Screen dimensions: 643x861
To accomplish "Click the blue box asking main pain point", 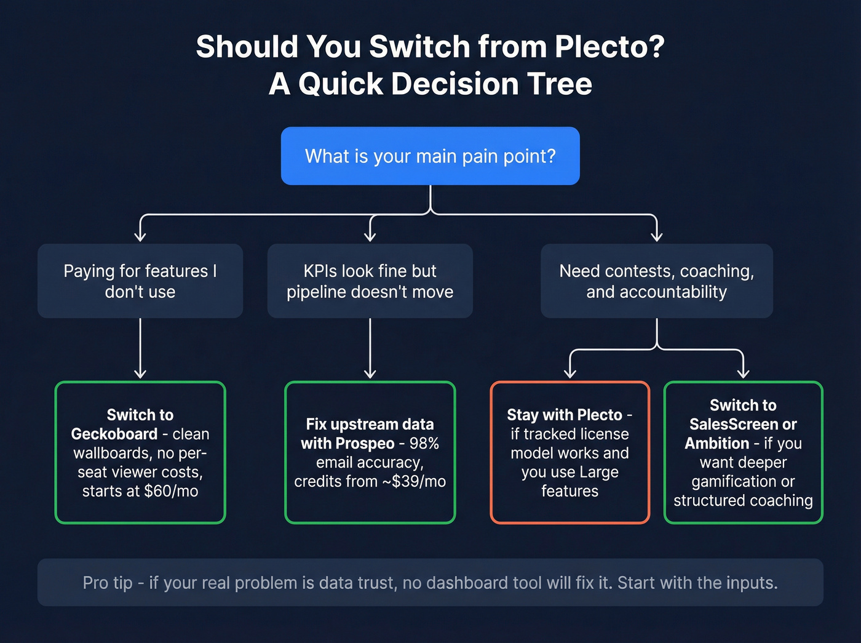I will pyautogui.click(x=430, y=156).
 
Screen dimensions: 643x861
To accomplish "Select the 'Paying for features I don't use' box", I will pyautogui.click(x=140, y=281).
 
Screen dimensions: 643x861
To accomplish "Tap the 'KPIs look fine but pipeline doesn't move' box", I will pyautogui.click(x=370, y=281).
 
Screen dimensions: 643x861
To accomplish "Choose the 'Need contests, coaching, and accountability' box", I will pyautogui.click(x=656, y=281).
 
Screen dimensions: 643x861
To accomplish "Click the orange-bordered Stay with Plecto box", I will pyautogui.click(x=569, y=452).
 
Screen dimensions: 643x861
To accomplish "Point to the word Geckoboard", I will pyautogui.click(x=114, y=434).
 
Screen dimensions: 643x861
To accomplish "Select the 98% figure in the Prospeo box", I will pyautogui.click(x=424, y=443).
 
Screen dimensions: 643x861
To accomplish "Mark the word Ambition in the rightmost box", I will pyautogui.click(x=716, y=443).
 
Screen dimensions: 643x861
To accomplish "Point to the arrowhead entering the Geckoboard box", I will pyautogui.click(x=140, y=373).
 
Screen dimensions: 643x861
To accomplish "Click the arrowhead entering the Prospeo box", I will pyautogui.click(x=370, y=373).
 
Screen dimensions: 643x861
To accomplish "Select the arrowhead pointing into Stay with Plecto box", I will pyautogui.click(x=570, y=373).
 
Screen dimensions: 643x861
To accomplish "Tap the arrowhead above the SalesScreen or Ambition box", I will pyautogui.click(x=743, y=373).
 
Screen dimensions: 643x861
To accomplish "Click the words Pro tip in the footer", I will pyautogui.click(x=108, y=583).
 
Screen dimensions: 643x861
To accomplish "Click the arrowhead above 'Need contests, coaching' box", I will pyautogui.click(x=656, y=236).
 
